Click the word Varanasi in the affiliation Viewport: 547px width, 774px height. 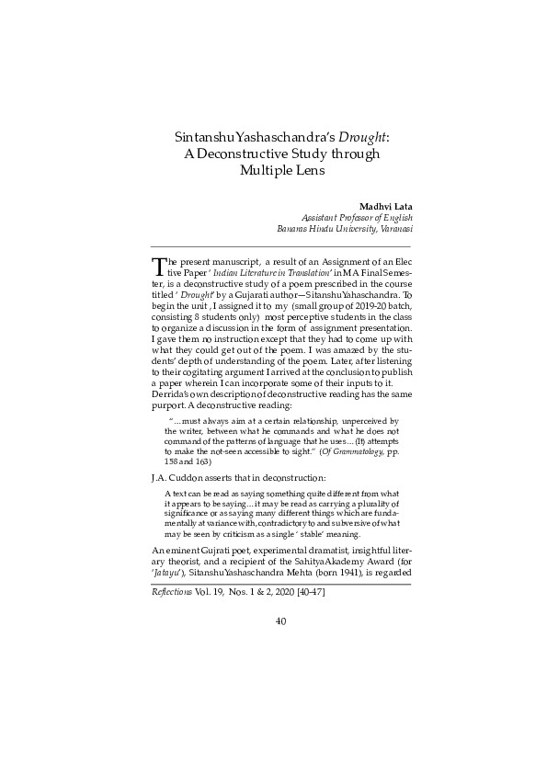[390, 230]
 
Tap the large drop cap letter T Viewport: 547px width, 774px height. [158, 267]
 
